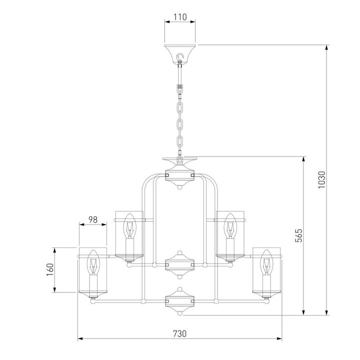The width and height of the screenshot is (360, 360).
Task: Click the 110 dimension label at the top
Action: tap(180, 17)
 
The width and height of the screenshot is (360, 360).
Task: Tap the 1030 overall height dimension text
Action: tap(321, 180)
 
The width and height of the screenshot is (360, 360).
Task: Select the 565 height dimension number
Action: tap(298, 235)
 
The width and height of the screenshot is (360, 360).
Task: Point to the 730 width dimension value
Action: tap(179, 333)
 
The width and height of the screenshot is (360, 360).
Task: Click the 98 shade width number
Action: tap(93, 219)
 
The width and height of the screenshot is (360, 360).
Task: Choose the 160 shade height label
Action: tap(50, 269)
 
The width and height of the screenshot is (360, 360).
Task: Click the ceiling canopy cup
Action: tap(180, 54)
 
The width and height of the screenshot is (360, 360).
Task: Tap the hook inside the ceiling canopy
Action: tap(180, 57)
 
